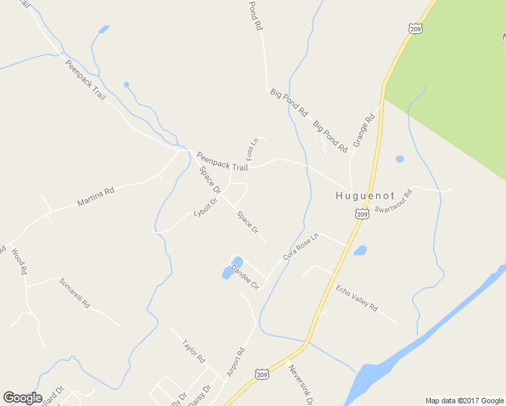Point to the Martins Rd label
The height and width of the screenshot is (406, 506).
click(x=95, y=197)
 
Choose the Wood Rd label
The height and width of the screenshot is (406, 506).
click(x=18, y=261)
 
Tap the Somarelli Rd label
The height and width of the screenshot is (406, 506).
click(x=74, y=293)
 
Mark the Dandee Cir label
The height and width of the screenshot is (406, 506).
click(x=245, y=277)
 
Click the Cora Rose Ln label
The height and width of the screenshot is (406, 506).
click(x=300, y=248)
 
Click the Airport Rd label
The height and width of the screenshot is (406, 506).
click(x=235, y=363)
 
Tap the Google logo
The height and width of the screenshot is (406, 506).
click(x=22, y=398)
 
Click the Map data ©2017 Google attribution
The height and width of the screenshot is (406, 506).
click(x=465, y=401)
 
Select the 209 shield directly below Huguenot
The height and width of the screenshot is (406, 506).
click(x=362, y=214)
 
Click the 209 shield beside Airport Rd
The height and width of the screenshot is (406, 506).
click(x=262, y=374)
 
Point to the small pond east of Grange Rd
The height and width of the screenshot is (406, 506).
click(x=400, y=159)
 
